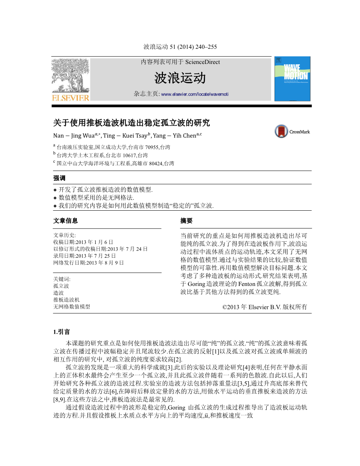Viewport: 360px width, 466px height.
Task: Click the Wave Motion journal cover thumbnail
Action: [292, 79]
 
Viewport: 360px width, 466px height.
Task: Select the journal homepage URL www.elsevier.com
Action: [195, 94]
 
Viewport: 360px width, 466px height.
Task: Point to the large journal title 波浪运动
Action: [180, 78]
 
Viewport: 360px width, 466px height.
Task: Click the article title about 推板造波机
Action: [131, 123]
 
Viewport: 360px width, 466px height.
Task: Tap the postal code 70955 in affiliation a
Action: [152, 147]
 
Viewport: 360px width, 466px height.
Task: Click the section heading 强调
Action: [59, 178]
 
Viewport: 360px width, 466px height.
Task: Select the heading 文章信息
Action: [65, 221]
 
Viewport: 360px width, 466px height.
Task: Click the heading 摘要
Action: [186, 221]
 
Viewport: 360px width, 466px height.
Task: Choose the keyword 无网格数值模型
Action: [72, 307]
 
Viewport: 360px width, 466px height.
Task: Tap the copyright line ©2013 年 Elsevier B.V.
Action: [265, 307]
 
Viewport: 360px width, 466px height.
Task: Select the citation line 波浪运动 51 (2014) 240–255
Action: [180, 47]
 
